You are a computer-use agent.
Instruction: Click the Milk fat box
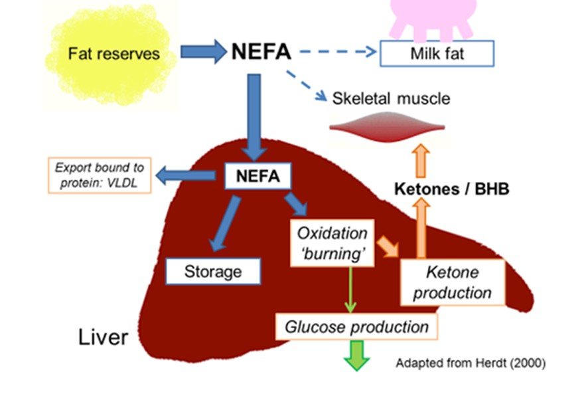(x=436, y=54)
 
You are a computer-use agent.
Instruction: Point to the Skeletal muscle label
(x=391, y=99)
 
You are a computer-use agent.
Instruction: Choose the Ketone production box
(x=453, y=282)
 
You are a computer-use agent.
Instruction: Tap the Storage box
(x=213, y=271)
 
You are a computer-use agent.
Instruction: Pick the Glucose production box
(x=356, y=327)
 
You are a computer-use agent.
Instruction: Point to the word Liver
(x=104, y=337)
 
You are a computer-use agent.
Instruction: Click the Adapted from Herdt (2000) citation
(x=471, y=363)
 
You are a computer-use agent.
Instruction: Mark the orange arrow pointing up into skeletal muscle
(x=421, y=160)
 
